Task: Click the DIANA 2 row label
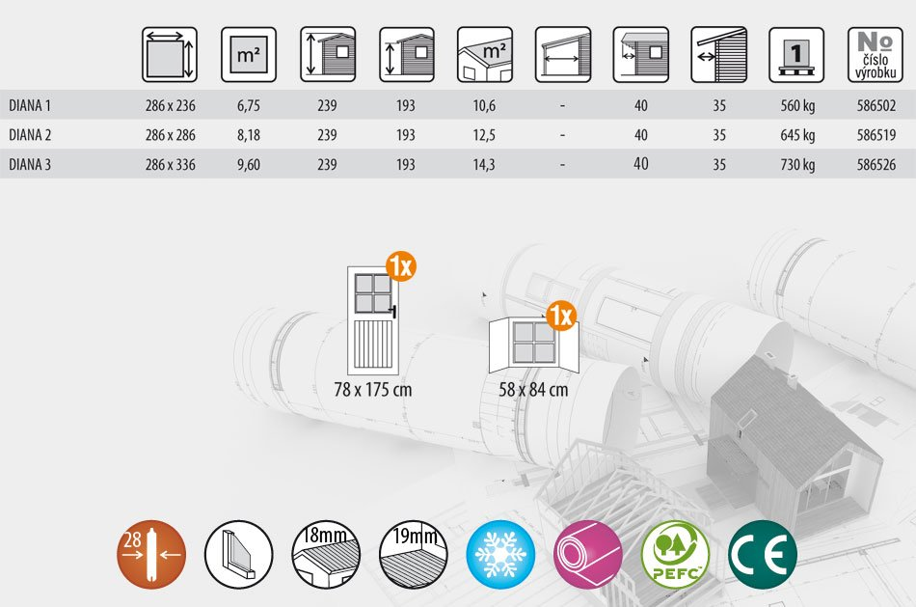(x=30, y=135)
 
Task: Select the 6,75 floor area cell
(x=248, y=106)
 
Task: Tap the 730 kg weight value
(x=797, y=165)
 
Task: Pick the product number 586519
(x=876, y=135)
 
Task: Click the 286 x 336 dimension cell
(x=170, y=165)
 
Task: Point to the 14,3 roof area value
(x=484, y=165)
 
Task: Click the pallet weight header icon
(x=796, y=54)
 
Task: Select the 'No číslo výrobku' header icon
(x=876, y=54)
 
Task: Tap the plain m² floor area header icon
(x=248, y=54)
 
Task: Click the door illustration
(x=373, y=320)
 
